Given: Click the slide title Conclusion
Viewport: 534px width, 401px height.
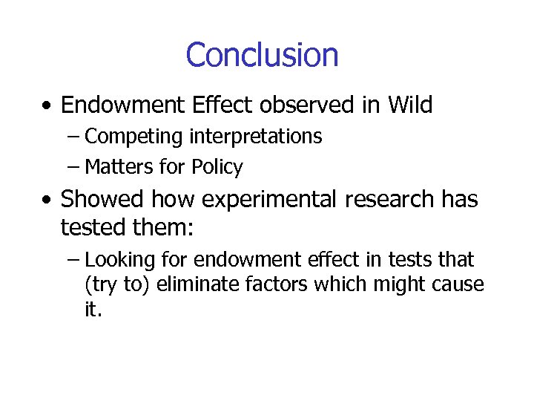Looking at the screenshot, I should point(262,55).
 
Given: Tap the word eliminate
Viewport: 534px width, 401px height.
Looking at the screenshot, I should point(197,285).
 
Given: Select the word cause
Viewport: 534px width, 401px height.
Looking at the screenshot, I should point(460,285).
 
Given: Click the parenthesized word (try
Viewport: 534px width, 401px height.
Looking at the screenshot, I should point(101,285).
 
